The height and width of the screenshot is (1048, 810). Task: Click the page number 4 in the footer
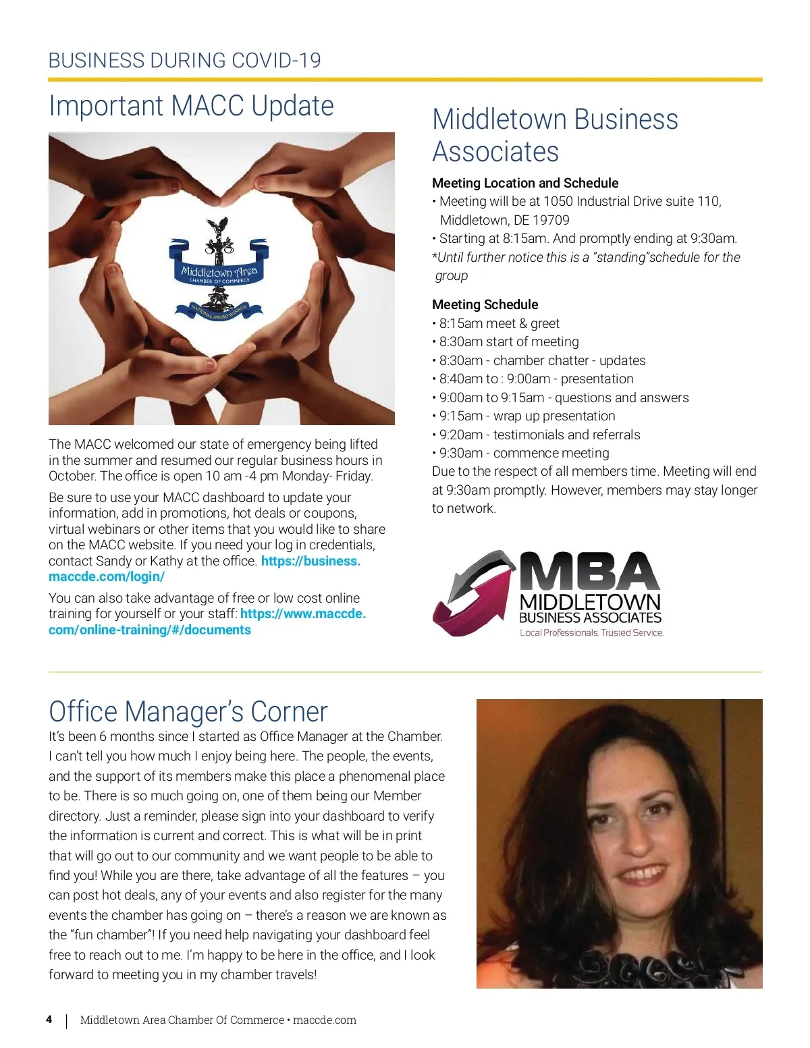click(x=49, y=1019)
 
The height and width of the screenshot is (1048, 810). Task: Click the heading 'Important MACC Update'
click(x=191, y=106)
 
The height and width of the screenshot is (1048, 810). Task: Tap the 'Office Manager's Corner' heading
click(x=188, y=711)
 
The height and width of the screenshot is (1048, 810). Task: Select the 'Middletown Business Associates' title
click(x=555, y=135)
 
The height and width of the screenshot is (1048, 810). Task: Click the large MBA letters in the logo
click(x=589, y=571)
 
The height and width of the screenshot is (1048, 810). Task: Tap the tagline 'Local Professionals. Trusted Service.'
click(x=591, y=632)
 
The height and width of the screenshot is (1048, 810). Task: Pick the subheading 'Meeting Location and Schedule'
click(x=525, y=183)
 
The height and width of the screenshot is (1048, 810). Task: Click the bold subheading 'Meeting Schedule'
click(x=485, y=304)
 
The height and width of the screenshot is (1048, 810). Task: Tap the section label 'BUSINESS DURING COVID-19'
click(x=184, y=61)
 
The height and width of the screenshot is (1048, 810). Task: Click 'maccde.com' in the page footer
click(x=325, y=1020)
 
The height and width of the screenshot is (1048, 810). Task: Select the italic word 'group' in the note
click(x=452, y=275)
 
